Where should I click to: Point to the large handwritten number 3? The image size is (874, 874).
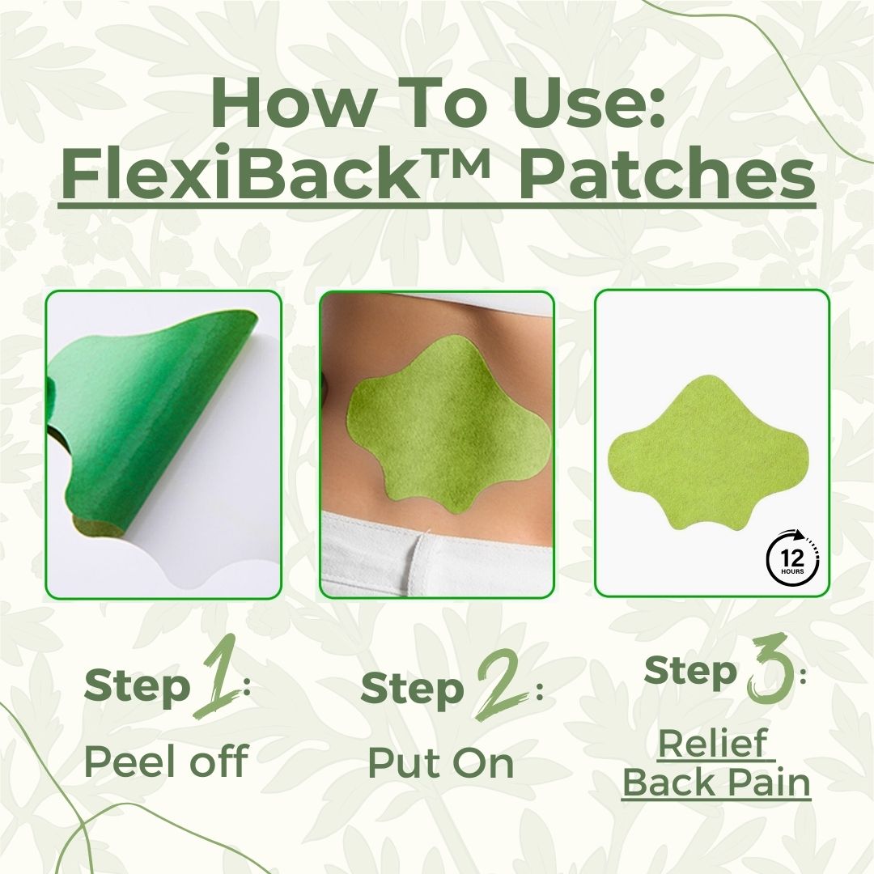[x=769, y=668]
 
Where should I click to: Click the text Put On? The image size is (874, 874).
[x=440, y=762]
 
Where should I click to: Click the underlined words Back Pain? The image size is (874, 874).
[x=716, y=783]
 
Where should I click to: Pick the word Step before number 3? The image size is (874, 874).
[x=691, y=671]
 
